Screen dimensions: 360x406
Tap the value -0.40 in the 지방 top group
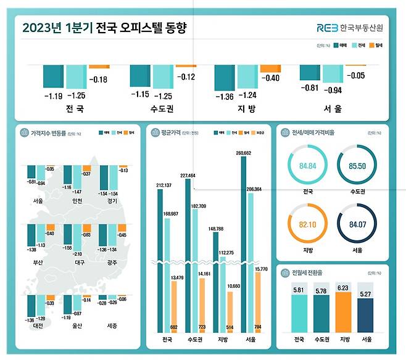click(270, 78)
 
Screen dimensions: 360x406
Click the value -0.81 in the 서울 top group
click(309, 88)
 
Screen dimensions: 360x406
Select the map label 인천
click(77, 201)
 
